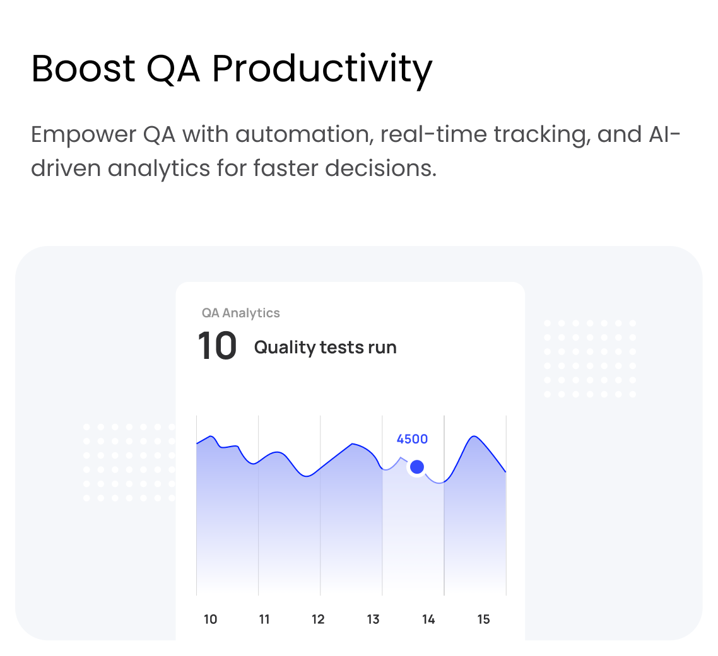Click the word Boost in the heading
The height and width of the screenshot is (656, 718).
click(x=83, y=69)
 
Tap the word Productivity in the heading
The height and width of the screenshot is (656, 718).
click(x=322, y=71)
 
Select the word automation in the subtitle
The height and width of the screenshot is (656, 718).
click(x=303, y=134)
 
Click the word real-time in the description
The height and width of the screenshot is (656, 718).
click(x=433, y=134)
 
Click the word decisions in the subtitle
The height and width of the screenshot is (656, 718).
click(x=381, y=168)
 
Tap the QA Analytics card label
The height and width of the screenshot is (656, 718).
click(x=241, y=313)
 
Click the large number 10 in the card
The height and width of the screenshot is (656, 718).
click(x=217, y=346)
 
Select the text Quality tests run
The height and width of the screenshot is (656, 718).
click(x=326, y=348)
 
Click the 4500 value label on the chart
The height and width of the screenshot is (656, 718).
click(x=412, y=439)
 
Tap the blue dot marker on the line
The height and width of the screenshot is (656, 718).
click(x=416, y=467)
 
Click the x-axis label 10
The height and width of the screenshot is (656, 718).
click(x=210, y=619)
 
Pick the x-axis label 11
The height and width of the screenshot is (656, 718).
click(x=264, y=619)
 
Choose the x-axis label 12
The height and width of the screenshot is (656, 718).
click(x=318, y=619)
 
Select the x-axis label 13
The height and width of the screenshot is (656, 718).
click(x=373, y=619)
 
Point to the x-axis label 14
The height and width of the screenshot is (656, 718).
click(x=428, y=619)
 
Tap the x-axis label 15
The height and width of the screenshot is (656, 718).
click(x=483, y=619)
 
